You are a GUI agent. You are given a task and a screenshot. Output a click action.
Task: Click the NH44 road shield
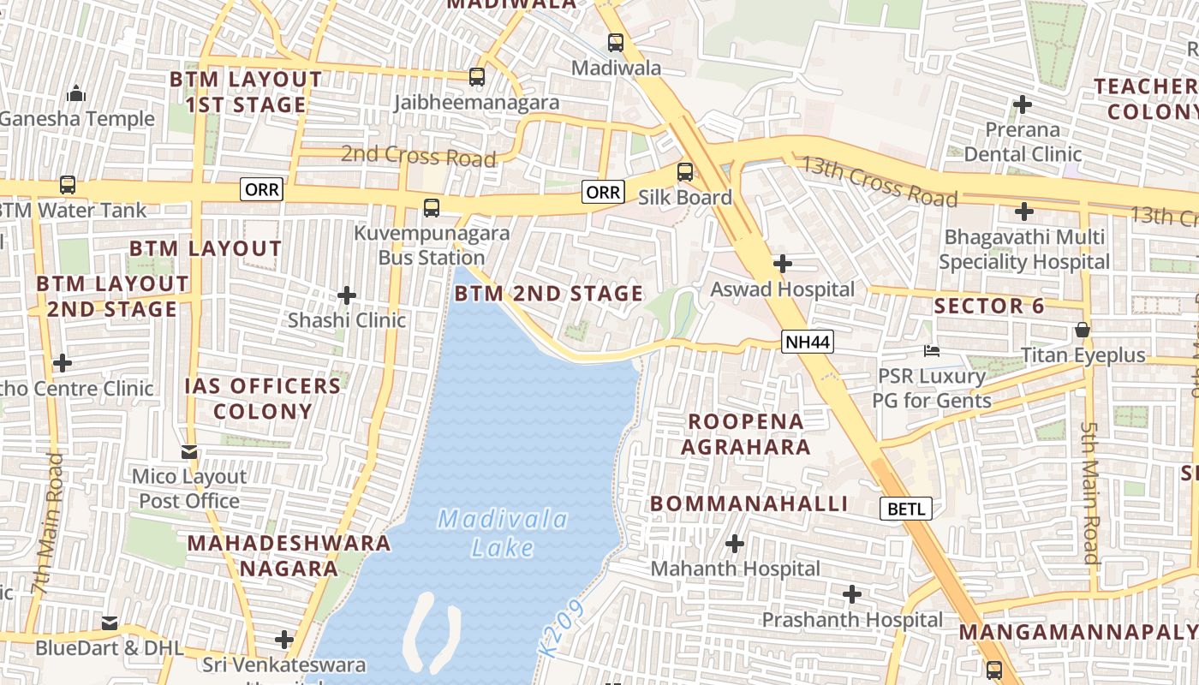(808, 342)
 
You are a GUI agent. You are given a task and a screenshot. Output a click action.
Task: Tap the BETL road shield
(906, 509)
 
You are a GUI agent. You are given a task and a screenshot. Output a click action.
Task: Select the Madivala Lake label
(503, 533)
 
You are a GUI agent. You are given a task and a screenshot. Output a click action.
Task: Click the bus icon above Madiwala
(616, 42)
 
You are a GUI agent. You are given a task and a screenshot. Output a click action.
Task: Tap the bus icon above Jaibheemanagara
(477, 77)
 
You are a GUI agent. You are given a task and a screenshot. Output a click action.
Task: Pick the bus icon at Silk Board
(685, 172)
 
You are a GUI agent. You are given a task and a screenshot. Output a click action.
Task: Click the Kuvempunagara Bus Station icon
(432, 208)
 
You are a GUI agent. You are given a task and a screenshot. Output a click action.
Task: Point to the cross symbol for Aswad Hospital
(782, 264)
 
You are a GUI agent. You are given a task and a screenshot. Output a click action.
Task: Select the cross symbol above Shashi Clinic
(347, 295)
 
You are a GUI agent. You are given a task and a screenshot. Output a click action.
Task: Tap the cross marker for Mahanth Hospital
(735, 544)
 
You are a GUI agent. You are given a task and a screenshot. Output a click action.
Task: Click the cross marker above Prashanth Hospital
(852, 594)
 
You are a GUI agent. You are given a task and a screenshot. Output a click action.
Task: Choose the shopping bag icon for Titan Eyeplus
(1083, 330)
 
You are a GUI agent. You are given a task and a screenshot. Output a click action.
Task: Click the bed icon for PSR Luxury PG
(932, 351)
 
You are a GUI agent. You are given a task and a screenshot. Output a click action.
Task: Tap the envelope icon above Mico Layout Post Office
(189, 452)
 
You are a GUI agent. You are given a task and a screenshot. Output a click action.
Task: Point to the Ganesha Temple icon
(76, 93)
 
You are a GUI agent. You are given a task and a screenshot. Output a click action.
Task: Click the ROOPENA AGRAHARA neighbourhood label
(746, 434)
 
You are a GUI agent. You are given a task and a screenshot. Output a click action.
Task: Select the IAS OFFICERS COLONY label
(263, 398)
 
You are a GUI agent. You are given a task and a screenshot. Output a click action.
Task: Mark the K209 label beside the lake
(563, 629)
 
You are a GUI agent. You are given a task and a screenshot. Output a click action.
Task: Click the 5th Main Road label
(1089, 492)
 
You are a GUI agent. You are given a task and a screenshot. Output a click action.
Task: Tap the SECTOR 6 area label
(989, 306)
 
